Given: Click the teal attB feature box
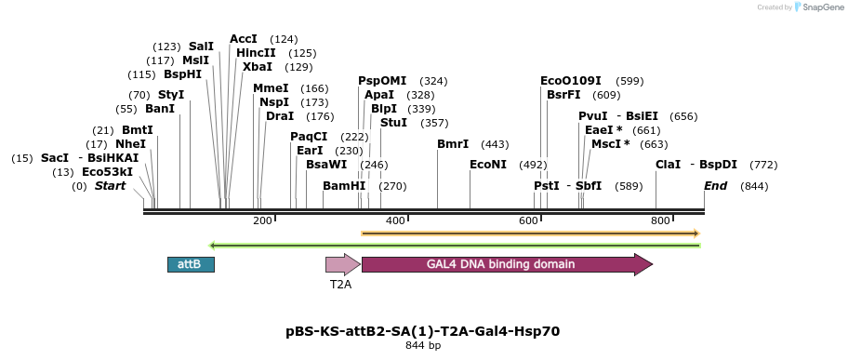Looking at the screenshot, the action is pos(191,264).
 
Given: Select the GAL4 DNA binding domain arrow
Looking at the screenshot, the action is pos(508,264).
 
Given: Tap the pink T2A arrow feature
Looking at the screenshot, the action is pos(343,264).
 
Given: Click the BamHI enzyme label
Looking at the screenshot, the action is pos(344,186).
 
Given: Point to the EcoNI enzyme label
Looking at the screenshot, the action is pos(488,165).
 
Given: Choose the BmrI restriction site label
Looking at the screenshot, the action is pos(453,144).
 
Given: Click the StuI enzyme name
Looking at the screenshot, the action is pos(393,123).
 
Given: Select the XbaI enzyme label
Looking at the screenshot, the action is pos(258,67).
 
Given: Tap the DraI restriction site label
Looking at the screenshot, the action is pos(280,116).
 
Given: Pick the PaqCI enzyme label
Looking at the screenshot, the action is pos(309,136).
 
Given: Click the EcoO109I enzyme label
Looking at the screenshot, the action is pos(571,81).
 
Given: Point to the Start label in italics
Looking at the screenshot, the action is pos(111,186).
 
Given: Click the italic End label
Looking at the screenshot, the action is pos(716,186).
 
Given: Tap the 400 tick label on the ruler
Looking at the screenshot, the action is pos(396,220).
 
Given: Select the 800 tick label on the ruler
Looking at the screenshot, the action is pos(660,220).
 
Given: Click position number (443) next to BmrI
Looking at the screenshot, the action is pos(496,144).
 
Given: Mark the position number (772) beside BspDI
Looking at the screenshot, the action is pos(763,165).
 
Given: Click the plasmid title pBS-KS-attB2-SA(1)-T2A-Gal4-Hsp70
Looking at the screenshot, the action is pos(423,331).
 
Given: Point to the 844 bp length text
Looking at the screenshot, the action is pos(423,345).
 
